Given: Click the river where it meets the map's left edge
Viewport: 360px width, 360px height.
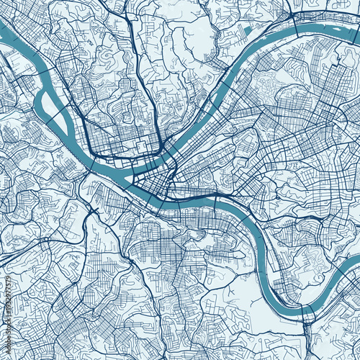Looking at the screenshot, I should [3, 29].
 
